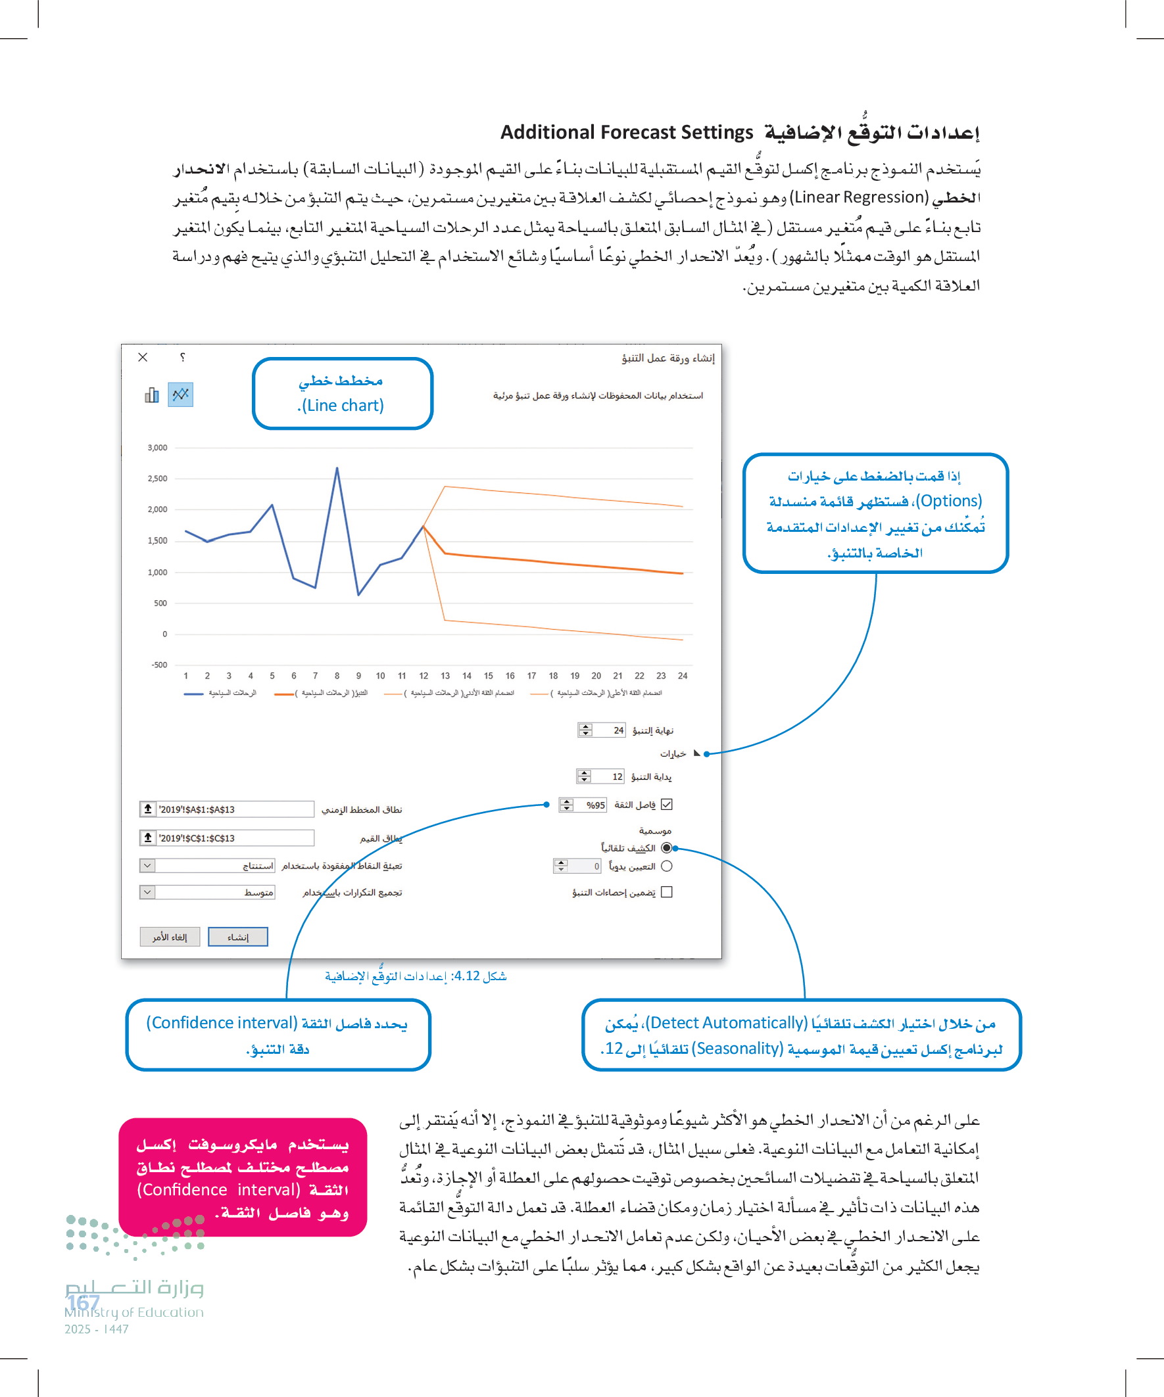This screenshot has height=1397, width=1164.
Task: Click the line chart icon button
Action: pos(180,394)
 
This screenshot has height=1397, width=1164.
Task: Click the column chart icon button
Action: pos(152,395)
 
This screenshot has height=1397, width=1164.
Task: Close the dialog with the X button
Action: pos(143,357)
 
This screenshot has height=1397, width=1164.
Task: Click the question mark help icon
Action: pos(182,357)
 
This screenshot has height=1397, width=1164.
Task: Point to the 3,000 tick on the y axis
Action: pos(158,448)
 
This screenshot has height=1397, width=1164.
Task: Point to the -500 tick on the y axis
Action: pos(159,665)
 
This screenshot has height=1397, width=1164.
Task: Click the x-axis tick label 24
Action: pos(683,676)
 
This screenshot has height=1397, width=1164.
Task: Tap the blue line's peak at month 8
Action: pos(337,468)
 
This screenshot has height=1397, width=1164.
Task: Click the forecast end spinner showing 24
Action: pos(609,730)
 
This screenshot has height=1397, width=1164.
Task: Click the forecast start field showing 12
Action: pos(608,776)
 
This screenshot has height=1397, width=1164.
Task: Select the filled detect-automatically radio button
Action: pos(667,848)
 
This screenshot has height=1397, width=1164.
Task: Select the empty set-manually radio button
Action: pos(667,866)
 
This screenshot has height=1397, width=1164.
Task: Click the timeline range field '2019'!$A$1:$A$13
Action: pos(233,809)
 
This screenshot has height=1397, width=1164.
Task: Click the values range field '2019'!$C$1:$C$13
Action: pos(233,838)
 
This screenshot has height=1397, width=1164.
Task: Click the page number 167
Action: pos(84,1302)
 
